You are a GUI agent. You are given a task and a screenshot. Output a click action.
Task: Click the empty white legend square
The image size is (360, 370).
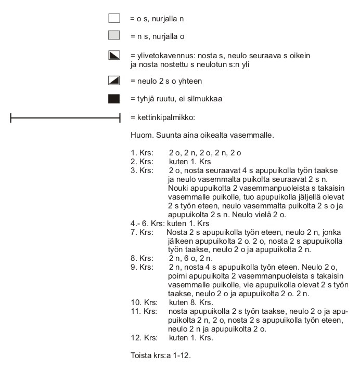[x=114, y=19]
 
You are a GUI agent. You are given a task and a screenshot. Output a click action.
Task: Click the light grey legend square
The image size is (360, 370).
[x=114, y=36]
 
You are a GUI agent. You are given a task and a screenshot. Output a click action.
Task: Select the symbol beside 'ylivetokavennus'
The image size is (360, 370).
[x=114, y=55]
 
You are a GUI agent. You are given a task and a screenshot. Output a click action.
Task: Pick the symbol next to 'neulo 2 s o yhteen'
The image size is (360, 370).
[x=114, y=81]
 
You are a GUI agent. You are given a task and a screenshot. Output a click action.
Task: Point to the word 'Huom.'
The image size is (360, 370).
[x=140, y=136]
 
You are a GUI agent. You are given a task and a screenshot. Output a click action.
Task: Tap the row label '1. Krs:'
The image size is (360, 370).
[x=142, y=153]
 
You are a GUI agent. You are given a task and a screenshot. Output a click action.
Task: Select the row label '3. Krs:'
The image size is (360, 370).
[x=142, y=170]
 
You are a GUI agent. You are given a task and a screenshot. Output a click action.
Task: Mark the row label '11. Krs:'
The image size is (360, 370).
[x=144, y=310]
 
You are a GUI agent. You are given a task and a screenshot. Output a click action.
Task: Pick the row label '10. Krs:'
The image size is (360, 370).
[x=144, y=302]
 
